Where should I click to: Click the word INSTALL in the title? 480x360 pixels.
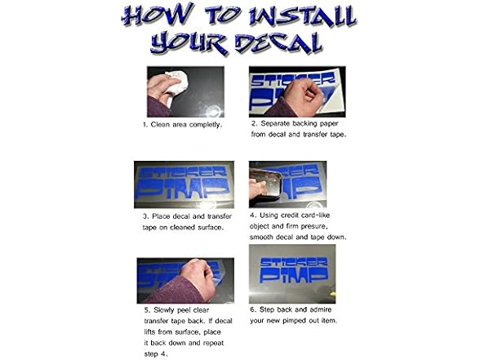(301, 17)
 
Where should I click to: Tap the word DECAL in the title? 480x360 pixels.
(279, 44)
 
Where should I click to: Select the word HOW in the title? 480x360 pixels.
(158, 15)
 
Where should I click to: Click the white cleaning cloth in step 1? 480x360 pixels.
(177, 81)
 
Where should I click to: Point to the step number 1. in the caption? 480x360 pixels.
(145, 125)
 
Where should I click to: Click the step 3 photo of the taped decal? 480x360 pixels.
(184, 184)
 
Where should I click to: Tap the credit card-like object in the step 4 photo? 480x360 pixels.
(266, 184)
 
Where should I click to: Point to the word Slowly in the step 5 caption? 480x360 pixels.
(164, 310)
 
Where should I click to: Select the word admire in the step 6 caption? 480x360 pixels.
(320, 309)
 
